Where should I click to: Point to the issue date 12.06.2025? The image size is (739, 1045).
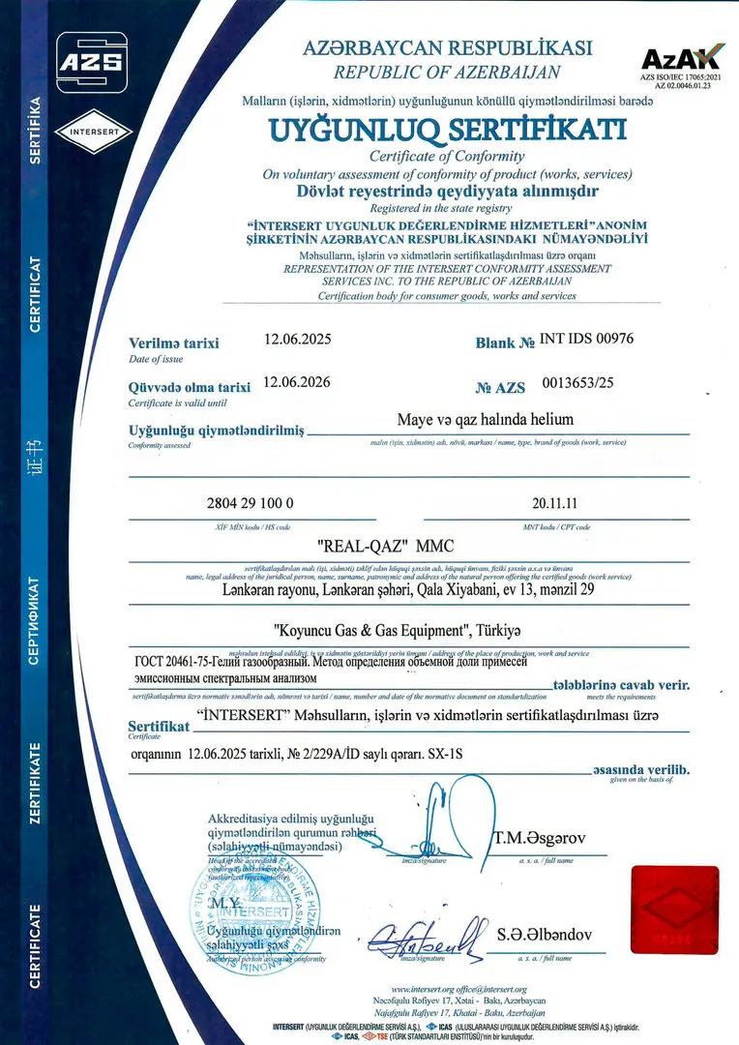297,340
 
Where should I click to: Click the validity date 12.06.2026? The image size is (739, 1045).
297,381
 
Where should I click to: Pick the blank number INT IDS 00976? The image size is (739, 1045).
587,340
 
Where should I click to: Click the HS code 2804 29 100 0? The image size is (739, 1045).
250,505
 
